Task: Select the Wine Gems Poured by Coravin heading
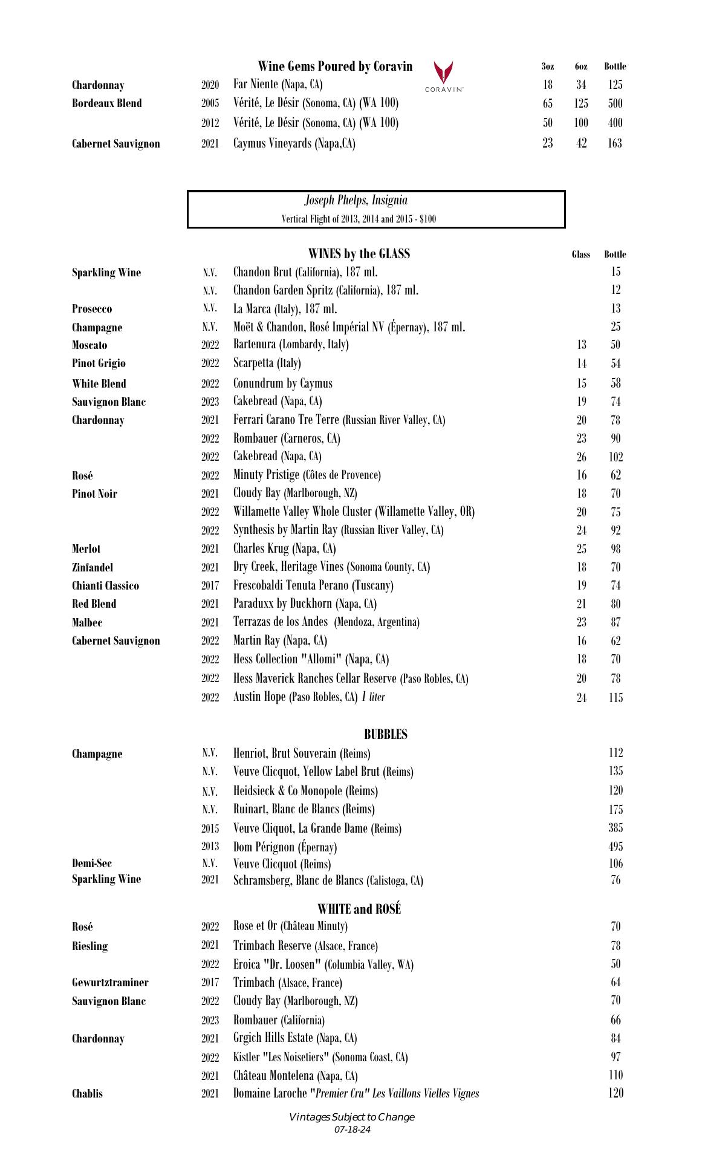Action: click(335, 67)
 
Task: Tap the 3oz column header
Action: click(547, 67)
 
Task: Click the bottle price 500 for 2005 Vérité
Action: click(615, 103)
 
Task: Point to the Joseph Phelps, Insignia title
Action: click(356, 200)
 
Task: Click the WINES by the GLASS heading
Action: click(359, 253)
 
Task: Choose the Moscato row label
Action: click(89, 345)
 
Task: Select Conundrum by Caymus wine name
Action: click(282, 383)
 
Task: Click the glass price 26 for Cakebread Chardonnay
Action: click(581, 457)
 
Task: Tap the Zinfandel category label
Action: click(93, 567)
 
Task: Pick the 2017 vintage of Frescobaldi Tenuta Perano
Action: click(210, 586)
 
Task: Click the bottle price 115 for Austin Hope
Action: click(616, 698)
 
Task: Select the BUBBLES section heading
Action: click(385, 735)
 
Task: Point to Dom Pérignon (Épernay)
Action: click(285, 847)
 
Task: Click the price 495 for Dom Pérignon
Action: click(616, 847)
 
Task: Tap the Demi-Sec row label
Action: click(92, 863)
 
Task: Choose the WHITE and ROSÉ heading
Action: click(359, 909)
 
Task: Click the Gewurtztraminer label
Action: click(110, 983)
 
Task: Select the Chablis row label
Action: click(87, 1093)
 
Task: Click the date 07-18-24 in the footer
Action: click(352, 1130)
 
